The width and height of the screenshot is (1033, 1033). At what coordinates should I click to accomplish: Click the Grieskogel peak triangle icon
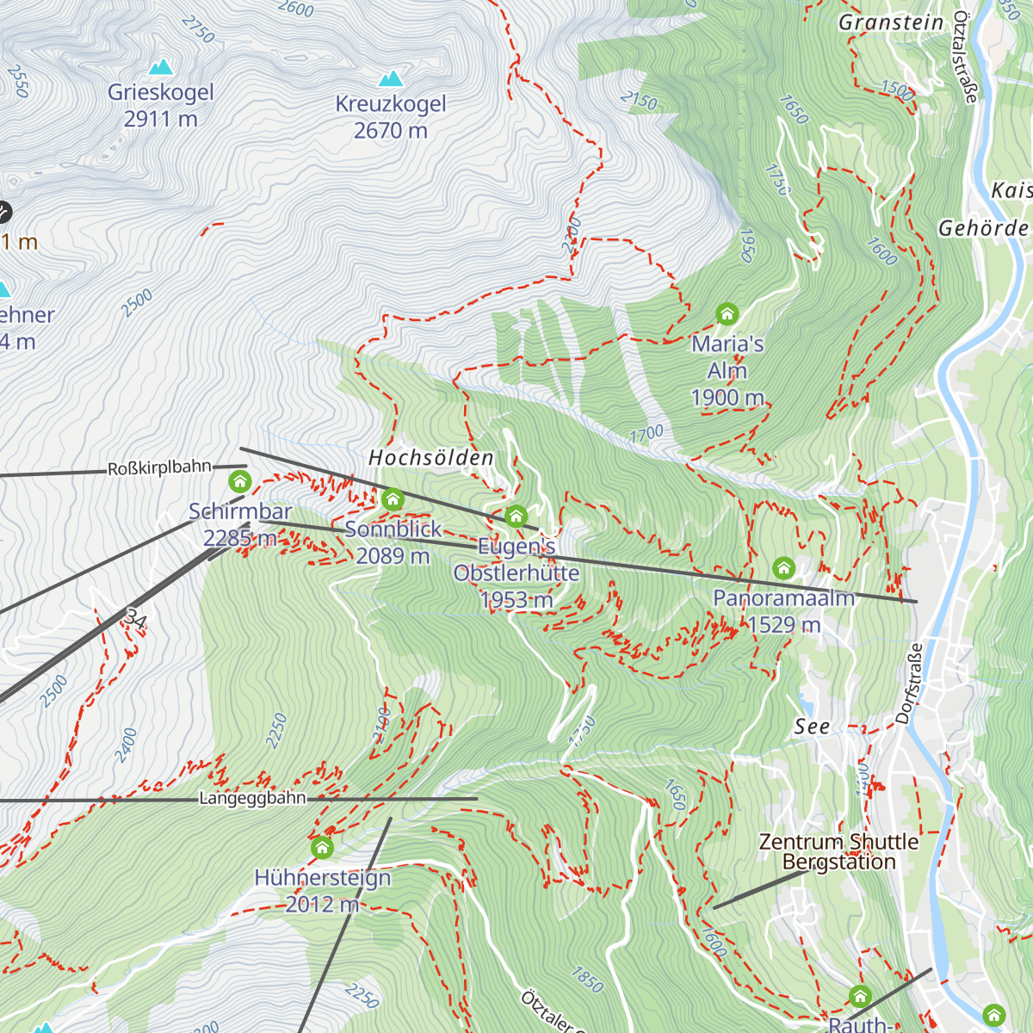coord(160,67)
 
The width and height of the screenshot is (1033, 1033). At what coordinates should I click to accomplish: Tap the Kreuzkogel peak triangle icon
coord(391,79)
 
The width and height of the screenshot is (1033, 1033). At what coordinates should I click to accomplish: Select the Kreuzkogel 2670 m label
coord(391,117)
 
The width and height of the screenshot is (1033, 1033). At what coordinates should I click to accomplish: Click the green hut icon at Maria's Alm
coord(727,313)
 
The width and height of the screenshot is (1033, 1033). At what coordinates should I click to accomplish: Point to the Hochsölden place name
coord(431,458)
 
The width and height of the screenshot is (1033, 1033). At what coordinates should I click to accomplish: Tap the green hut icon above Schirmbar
coord(240,480)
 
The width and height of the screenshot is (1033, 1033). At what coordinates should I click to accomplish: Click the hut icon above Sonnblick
coord(393,498)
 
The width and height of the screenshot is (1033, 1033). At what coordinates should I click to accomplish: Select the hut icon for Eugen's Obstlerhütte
coord(516,516)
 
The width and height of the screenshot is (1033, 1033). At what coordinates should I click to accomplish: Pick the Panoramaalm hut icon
coord(783,567)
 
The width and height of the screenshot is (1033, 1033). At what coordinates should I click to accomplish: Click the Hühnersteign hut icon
coord(322,847)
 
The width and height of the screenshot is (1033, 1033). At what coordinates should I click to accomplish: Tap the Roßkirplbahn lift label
coord(159,468)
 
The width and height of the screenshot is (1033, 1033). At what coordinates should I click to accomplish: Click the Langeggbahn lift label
coord(252,799)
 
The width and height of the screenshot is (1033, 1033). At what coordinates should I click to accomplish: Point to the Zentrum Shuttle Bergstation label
coord(839,852)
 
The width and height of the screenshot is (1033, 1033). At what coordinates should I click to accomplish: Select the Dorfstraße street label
coord(909,683)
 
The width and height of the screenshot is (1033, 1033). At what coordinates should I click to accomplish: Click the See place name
coord(812,727)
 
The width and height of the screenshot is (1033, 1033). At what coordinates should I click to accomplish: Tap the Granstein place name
coord(891,22)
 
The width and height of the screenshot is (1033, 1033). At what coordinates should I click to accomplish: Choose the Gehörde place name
coord(983,228)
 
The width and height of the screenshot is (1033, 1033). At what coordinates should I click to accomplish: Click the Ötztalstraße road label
coord(965,59)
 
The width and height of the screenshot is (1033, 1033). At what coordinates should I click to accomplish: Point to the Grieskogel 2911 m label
coord(161,105)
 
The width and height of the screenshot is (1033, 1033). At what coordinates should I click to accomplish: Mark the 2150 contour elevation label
coord(638,101)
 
